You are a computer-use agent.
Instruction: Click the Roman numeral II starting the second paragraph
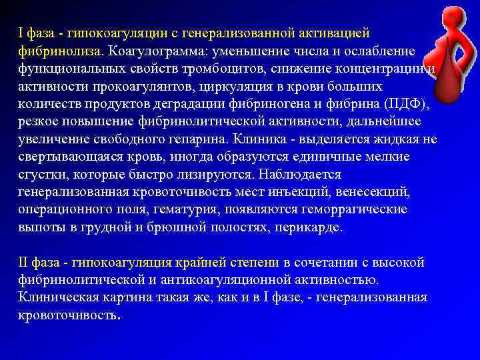(x=23, y=262)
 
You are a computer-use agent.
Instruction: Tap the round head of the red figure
(x=453, y=15)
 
